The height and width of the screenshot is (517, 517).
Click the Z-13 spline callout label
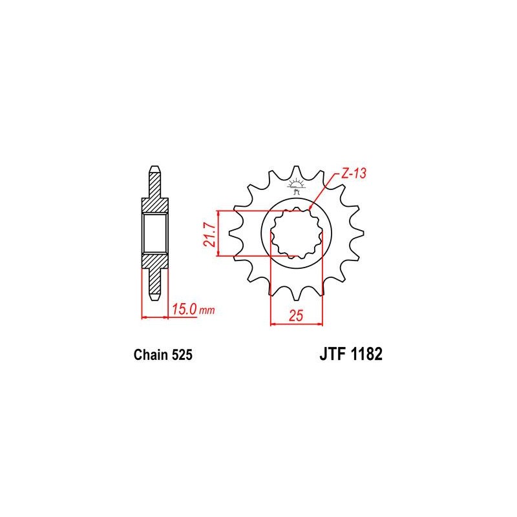(x=353, y=173)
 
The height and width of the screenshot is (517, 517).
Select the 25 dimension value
(x=296, y=315)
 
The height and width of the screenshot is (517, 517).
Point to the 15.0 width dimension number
(x=184, y=310)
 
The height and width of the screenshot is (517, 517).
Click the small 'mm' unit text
(x=207, y=311)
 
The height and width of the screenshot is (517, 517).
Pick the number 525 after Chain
(x=182, y=355)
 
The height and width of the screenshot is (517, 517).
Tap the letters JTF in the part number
(x=332, y=354)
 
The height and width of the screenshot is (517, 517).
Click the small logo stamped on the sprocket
(x=296, y=186)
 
